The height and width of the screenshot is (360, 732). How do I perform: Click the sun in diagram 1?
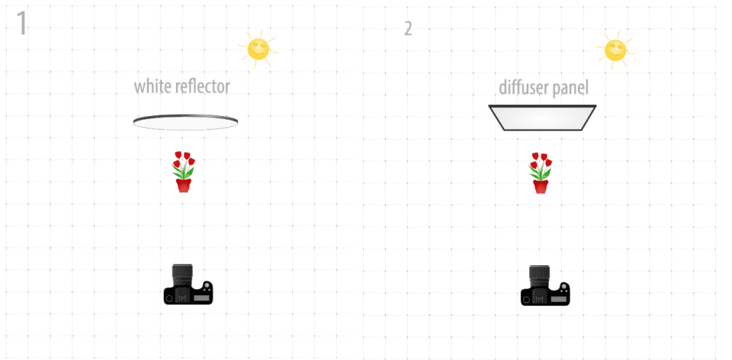pyautogui.click(x=258, y=49)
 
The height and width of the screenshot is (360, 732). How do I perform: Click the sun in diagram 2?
pyautogui.click(x=615, y=50)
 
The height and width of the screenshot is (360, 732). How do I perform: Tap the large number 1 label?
pyautogui.click(x=21, y=24)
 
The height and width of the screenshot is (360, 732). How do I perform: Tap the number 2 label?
pyautogui.click(x=408, y=29)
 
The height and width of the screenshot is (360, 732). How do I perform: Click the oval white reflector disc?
pyautogui.click(x=185, y=122)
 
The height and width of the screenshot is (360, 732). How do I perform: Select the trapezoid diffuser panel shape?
pyautogui.click(x=542, y=117)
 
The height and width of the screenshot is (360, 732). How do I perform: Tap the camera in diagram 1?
pyautogui.click(x=188, y=284)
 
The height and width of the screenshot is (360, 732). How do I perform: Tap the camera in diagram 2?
pyautogui.click(x=545, y=286)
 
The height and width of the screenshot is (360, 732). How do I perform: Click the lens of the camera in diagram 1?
pyautogui.click(x=182, y=275)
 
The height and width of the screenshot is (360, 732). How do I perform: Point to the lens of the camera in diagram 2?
pyautogui.click(x=539, y=277)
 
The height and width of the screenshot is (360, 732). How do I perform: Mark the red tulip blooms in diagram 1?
pyautogui.click(x=184, y=159)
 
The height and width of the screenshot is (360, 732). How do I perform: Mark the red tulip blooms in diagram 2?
pyautogui.click(x=541, y=161)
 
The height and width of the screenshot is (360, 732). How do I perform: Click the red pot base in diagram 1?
pyautogui.click(x=184, y=186)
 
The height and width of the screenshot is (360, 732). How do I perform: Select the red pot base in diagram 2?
pyautogui.click(x=541, y=187)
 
